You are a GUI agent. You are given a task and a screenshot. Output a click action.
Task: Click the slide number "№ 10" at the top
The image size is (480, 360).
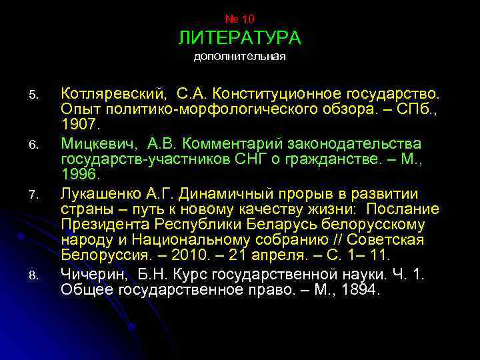pyautogui.click(x=239, y=19)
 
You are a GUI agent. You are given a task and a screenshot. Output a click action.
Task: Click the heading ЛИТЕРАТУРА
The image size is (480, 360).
pyautogui.click(x=239, y=38)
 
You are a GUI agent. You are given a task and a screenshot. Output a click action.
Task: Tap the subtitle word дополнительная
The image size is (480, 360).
pyautogui.click(x=239, y=57)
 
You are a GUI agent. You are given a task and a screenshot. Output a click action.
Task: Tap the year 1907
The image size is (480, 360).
pyautogui.click(x=79, y=124)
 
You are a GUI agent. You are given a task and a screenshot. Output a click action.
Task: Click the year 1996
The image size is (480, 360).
pyautogui.click(x=79, y=175)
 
